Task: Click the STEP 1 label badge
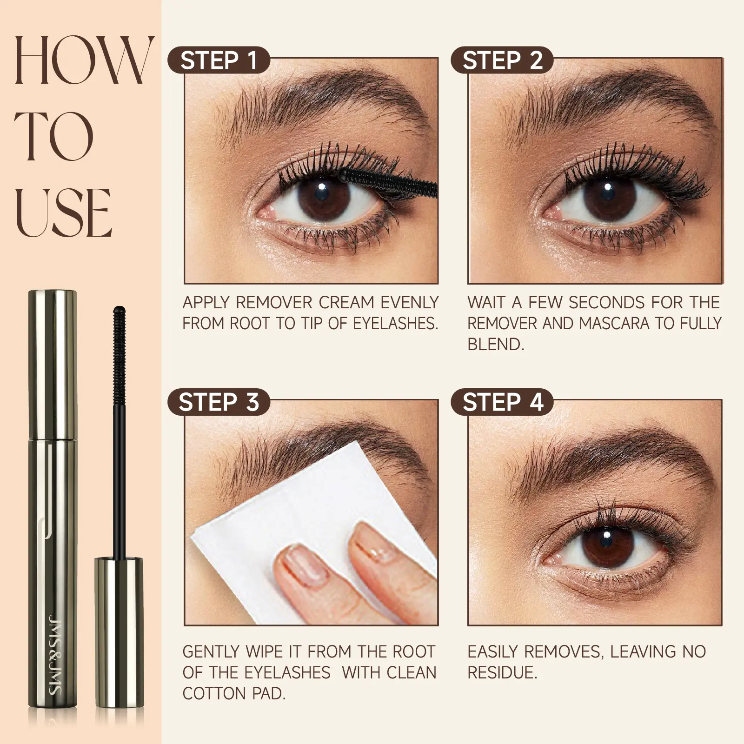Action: click(x=219, y=60)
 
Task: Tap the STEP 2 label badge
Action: click(x=502, y=60)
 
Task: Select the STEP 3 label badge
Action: click(x=219, y=402)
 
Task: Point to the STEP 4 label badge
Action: click(x=502, y=402)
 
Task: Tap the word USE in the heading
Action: click(x=63, y=213)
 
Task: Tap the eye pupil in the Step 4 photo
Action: click(x=605, y=541)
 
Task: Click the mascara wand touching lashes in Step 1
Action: click(x=388, y=181)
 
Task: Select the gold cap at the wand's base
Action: click(x=119, y=632)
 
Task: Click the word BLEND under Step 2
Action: click(x=495, y=345)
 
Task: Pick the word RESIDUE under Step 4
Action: click(x=502, y=672)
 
